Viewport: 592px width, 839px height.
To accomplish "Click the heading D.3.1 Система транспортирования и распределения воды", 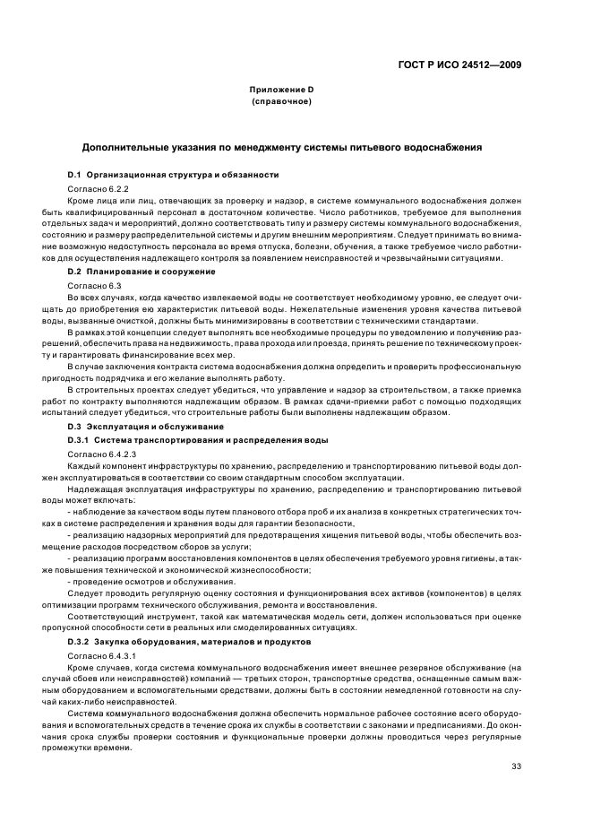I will [x=197, y=440].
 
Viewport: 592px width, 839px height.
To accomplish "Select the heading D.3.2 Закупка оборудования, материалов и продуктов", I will [x=189, y=642].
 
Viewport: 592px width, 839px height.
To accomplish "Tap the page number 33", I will [x=515, y=765].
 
